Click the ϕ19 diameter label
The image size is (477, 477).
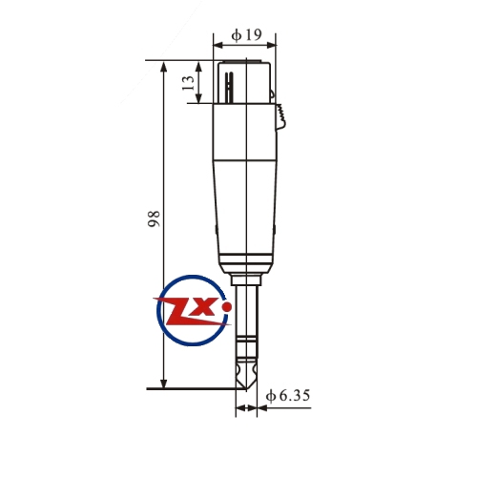(246, 34)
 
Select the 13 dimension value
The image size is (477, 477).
(188, 83)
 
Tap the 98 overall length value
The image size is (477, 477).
(154, 218)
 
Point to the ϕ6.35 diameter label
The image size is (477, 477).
(288, 396)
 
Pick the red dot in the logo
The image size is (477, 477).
(227, 307)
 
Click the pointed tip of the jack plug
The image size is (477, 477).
(246, 389)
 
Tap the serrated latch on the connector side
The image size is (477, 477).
(281, 116)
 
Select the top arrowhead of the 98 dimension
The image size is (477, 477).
(164, 68)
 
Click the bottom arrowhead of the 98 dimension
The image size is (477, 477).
(163, 383)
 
